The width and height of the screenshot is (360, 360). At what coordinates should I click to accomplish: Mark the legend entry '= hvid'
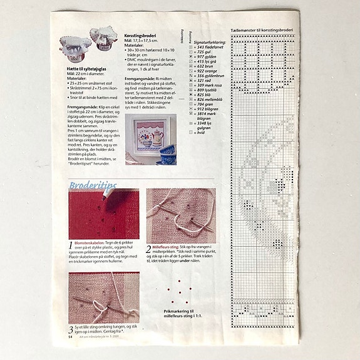point(202,133)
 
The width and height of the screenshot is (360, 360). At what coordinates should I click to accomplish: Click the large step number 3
point(70,329)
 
